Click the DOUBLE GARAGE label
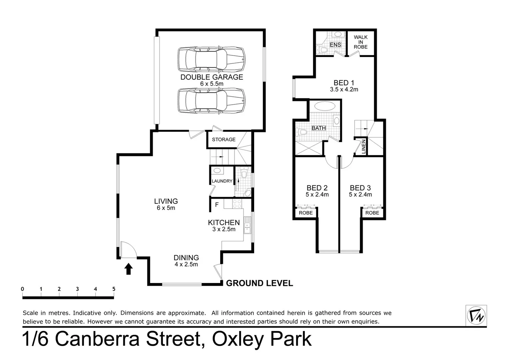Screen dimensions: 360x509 coord(212,77)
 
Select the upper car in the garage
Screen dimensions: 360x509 coord(212,59)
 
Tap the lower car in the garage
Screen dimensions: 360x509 coord(212,101)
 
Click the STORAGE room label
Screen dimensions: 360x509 coord(224,139)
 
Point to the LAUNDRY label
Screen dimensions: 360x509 coord(222,181)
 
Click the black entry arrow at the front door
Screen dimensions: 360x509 coord(129,269)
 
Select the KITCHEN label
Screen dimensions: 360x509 coord(224,222)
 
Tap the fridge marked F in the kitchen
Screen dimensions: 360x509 coord(217,205)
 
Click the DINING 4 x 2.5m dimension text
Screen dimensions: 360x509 coord(186,264)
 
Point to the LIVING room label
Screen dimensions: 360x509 coord(166,201)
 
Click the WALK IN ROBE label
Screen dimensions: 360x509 coord(360,42)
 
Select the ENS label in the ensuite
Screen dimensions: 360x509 coord(335,45)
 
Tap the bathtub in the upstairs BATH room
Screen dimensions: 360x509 coord(325,106)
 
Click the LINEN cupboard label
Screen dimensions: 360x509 coord(364,146)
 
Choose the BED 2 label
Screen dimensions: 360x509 coord(317,188)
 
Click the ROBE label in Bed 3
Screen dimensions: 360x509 coord(372,213)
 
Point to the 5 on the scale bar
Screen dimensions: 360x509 coord(114,289)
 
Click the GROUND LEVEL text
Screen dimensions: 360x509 coord(259,283)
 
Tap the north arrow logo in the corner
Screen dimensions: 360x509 coord(476,315)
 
